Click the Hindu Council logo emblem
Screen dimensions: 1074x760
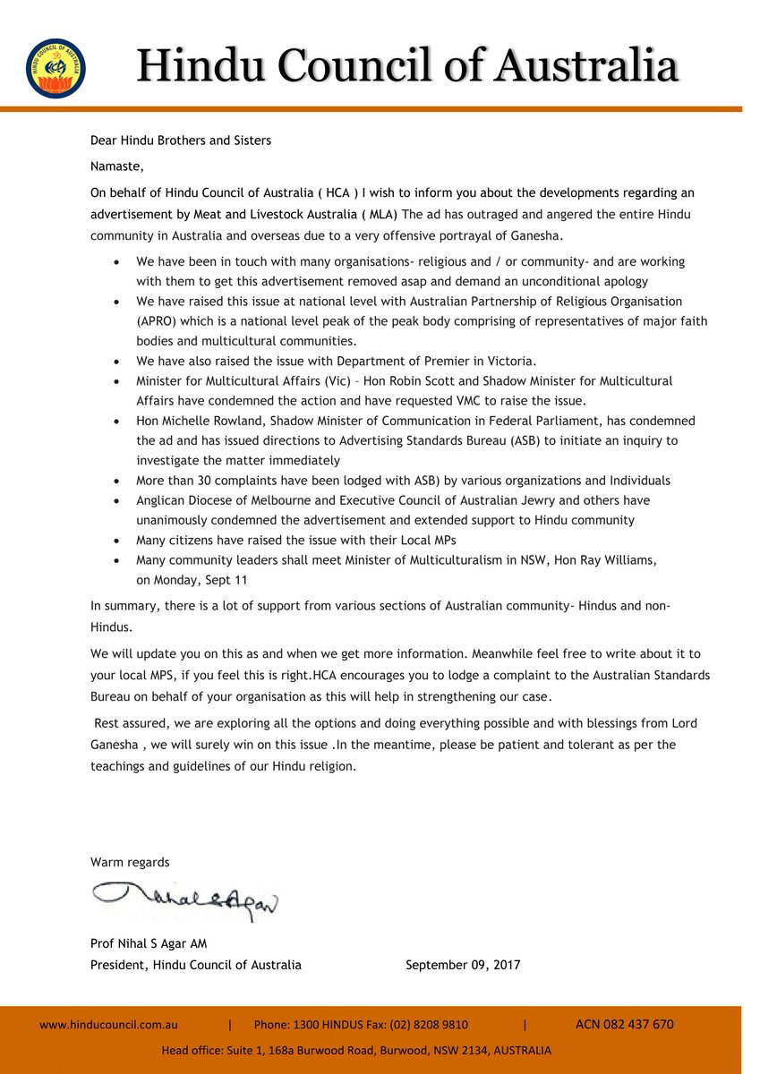pyautogui.click(x=56, y=69)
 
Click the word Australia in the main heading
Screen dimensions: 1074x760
pyautogui.click(x=588, y=66)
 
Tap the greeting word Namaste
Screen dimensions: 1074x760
pyautogui.click(x=116, y=166)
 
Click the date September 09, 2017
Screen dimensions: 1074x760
pyautogui.click(x=463, y=965)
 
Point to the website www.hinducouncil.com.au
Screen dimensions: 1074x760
pyautogui.click(x=108, y=1025)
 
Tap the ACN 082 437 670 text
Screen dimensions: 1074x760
pyautogui.click(x=624, y=1025)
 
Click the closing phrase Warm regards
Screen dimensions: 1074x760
pyautogui.click(x=130, y=862)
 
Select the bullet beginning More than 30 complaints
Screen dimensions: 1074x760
pyautogui.click(x=403, y=481)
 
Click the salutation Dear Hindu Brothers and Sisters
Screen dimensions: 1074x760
pyautogui.click(x=181, y=141)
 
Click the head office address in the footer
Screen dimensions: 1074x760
pyautogui.click(x=356, y=1050)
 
